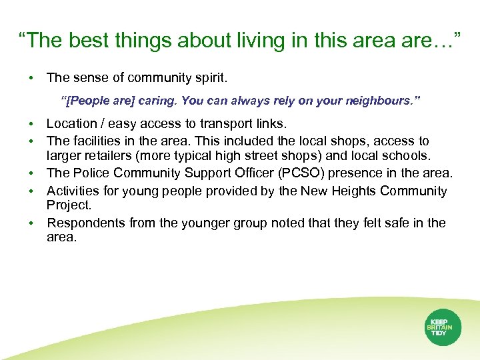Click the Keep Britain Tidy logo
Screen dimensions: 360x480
[443, 327]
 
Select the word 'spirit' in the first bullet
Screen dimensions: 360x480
[207, 78]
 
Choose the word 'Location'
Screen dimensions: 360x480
[72, 123]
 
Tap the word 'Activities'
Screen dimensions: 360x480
[73, 191]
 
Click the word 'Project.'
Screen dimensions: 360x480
[69, 206]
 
